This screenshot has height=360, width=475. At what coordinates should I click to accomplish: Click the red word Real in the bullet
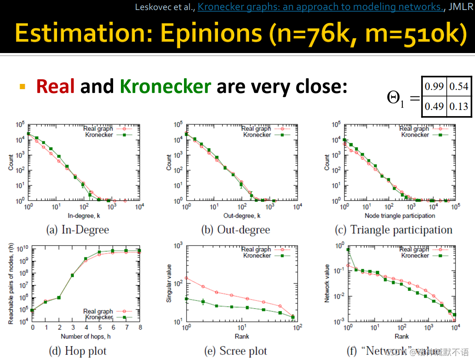point(55,87)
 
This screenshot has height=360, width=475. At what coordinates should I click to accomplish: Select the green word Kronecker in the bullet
point(165,87)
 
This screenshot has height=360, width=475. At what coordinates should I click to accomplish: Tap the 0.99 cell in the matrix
point(434,87)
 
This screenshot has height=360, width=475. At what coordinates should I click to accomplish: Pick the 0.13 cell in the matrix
point(459,106)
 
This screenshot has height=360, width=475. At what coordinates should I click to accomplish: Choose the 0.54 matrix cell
point(459,87)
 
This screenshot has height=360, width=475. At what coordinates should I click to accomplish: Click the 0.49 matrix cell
point(434,106)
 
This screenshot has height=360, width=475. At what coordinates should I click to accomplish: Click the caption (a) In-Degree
point(77,230)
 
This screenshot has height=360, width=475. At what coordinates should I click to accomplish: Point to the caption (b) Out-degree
point(235,230)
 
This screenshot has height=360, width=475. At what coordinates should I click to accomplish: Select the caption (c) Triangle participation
point(394,230)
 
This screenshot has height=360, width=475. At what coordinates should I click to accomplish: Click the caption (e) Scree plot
point(235,351)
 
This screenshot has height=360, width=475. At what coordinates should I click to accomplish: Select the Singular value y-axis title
point(169,283)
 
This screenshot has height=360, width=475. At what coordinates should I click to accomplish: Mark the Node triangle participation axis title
point(400,216)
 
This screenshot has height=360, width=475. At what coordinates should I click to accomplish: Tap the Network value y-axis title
point(327,283)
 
